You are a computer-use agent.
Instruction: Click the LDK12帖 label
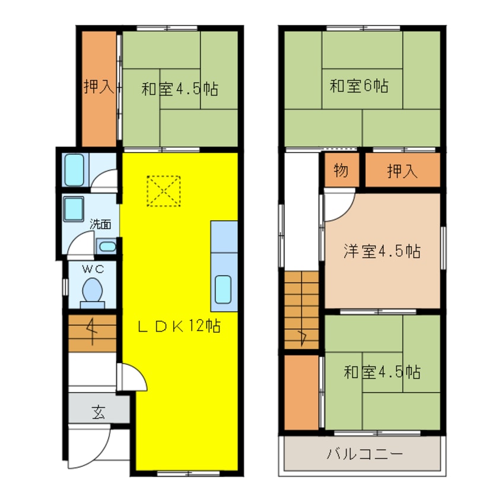click(180, 326)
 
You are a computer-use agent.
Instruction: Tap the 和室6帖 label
click(359, 86)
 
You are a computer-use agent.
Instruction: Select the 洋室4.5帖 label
click(382, 251)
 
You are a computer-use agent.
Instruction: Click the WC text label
click(93, 269)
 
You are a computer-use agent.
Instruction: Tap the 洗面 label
click(100, 224)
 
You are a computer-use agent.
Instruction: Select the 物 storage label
click(341, 171)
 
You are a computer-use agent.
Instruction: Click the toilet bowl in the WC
click(92, 291)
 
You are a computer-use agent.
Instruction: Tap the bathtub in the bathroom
click(74, 170)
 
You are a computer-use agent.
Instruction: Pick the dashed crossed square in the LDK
click(164, 190)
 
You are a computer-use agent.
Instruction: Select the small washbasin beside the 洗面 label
click(106, 246)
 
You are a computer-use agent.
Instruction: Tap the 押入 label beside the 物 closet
click(402, 171)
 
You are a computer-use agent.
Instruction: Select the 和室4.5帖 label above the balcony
click(382, 373)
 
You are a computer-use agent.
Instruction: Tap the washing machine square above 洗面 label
click(74, 208)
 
